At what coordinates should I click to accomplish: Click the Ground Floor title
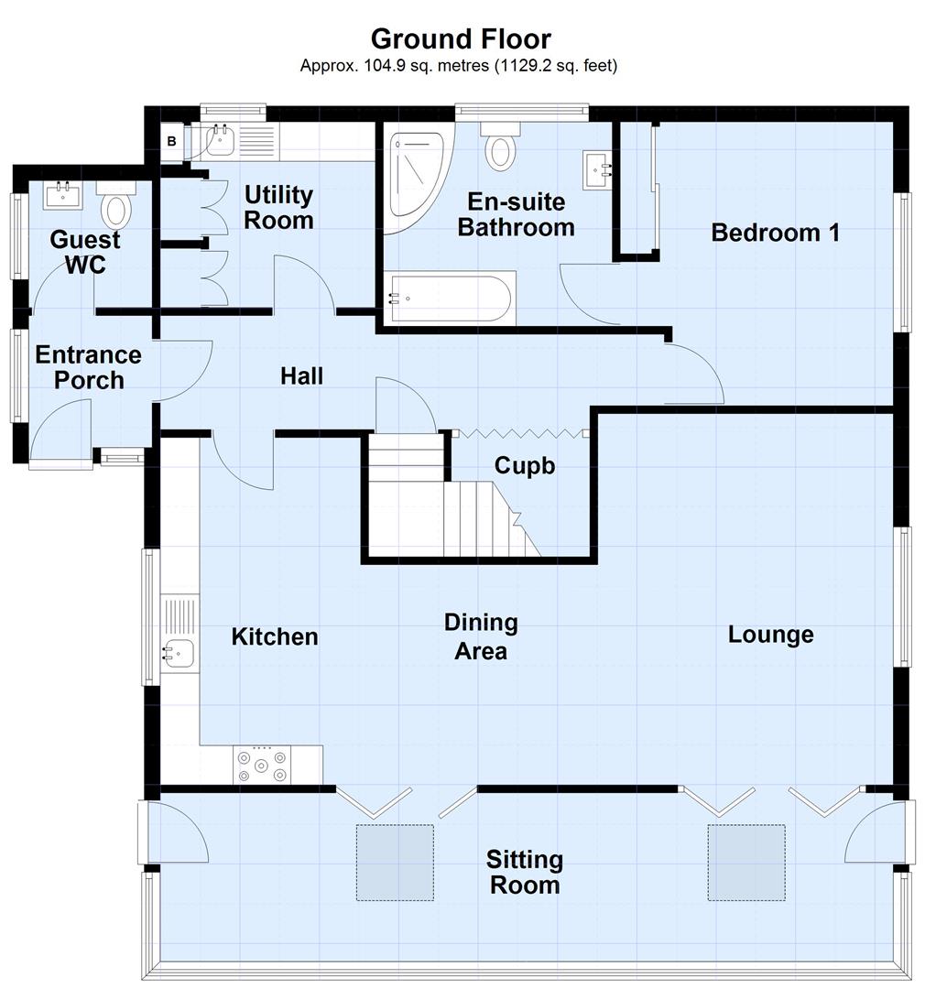(461, 39)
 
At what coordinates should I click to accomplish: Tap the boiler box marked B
(171, 142)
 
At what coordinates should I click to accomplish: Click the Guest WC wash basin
(63, 195)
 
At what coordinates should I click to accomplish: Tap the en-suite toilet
(500, 147)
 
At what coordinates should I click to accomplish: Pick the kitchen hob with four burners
(262, 765)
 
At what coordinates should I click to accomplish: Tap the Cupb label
(525, 465)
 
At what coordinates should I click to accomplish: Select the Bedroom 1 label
(775, 233)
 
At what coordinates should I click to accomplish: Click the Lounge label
(770, 635)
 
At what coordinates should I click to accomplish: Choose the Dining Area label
(481, 636)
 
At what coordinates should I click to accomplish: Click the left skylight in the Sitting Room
(395, 862)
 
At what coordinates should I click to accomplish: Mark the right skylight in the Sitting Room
(745, 862)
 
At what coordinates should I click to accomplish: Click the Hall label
(301, 375)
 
